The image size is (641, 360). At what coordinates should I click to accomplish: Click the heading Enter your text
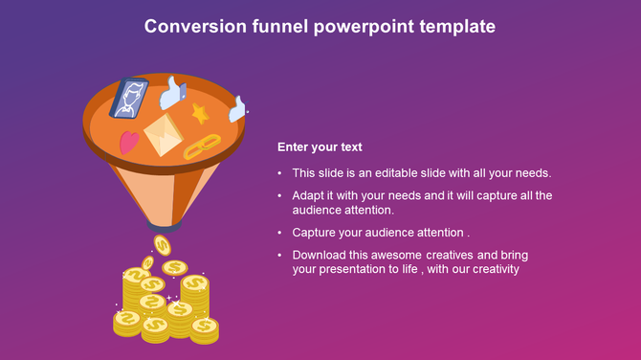coord(320,147)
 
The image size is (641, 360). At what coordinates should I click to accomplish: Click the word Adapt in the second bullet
coord(308,195)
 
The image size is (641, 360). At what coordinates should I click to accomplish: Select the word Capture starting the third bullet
coord(315,233)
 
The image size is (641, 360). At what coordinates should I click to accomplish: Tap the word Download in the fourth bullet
coord(320,256)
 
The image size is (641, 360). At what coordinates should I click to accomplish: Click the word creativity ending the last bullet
coord(492,269)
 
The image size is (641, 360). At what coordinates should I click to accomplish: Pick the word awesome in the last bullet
coord(392,256)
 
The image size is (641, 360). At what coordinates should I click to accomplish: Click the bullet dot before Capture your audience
coord(279,233)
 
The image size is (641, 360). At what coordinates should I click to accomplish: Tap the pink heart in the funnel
coord(129,143)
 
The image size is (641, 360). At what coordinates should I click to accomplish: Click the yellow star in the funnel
coord(200,114)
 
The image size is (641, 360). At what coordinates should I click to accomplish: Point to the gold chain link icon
coord(201,146)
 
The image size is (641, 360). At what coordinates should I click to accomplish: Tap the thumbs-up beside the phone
coord(172,93)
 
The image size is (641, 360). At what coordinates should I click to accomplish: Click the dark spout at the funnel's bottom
coord(164,227)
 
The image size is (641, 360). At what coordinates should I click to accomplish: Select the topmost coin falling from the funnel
coord(163,245)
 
